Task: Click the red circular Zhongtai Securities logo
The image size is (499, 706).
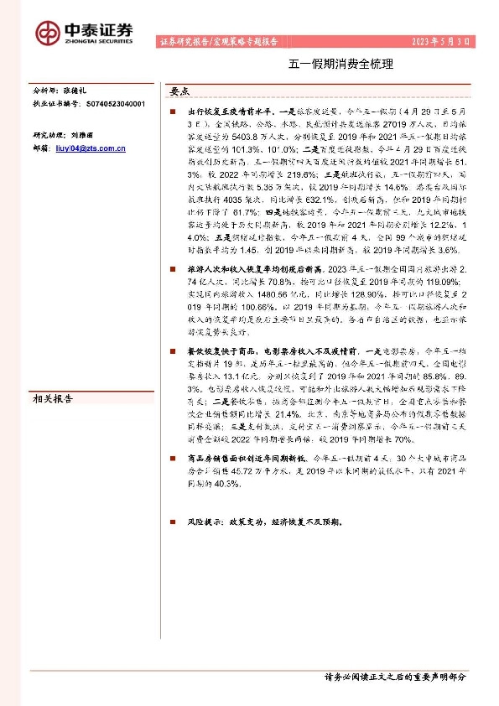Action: [x=49, y=32]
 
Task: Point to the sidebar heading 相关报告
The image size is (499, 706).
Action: [x=53, y=400]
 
